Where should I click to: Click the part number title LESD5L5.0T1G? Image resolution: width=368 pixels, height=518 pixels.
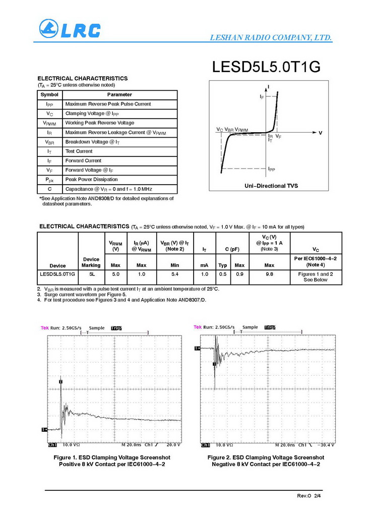click(266, 67)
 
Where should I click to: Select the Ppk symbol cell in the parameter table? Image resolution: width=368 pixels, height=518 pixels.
click(49, 180)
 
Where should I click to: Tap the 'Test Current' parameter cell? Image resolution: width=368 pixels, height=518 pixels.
click(79, 151)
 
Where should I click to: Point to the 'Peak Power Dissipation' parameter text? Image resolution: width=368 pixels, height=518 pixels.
click(91, 180)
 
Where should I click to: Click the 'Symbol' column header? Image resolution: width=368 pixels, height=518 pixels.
click(49, 95)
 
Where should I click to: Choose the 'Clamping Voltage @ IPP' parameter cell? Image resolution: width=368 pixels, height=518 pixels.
click(92, 113)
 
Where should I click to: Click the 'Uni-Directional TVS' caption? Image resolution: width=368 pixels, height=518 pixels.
click(271, 186)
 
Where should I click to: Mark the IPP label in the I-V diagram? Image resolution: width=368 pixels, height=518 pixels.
click(271, 169)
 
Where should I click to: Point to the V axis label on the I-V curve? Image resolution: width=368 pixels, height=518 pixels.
click(320, 133)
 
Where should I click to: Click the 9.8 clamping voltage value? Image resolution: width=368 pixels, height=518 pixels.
click(269, 274)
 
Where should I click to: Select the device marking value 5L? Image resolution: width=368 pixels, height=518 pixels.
click(91, 274)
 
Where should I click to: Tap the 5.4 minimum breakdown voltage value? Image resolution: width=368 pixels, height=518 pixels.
click(174, 274)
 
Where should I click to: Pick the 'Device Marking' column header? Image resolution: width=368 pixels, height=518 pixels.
click(91, 262)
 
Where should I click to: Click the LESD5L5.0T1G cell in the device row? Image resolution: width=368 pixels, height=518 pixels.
click(57, 274)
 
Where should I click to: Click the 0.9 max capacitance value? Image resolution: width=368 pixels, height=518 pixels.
click(239, 274)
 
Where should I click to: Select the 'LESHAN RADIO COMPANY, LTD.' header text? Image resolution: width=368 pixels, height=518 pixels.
click(270, 38)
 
